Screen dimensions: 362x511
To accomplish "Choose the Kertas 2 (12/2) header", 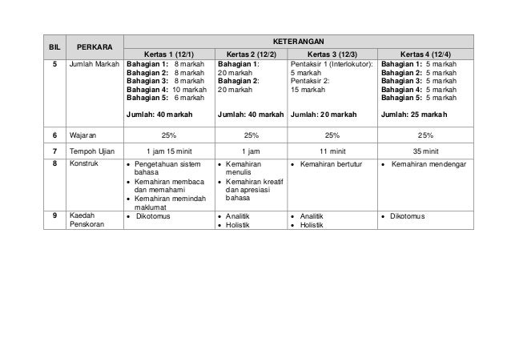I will click(251, 54).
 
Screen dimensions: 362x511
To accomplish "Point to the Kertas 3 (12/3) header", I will click(332, 54).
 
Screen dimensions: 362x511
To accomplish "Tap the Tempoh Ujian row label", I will click(91, 150).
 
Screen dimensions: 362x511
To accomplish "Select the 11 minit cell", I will click(332, 150).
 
